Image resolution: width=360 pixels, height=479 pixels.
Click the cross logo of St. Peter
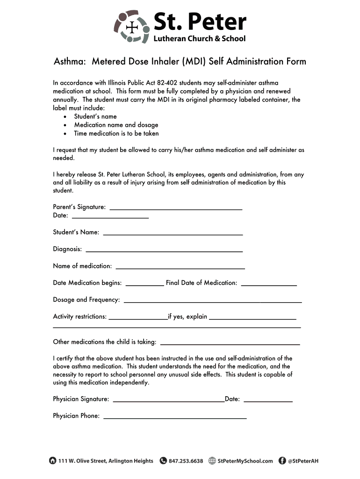tap(133, 26)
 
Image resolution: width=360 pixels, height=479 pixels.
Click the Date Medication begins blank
tap(145, 283)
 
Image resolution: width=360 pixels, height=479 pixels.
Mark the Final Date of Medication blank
tap(269, 283)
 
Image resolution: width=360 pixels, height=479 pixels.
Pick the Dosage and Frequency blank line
tap(212, 300)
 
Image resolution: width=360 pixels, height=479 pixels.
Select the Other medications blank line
tap(230, 343)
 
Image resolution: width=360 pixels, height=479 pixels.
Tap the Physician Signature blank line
tap(169, 400)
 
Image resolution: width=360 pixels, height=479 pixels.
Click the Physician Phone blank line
tap(174, 417)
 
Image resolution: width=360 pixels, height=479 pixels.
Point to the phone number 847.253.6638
tap(186, 461)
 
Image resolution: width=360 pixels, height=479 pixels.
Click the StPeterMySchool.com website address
tap(245, 461)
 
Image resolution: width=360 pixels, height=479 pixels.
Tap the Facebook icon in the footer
tap(282, 460)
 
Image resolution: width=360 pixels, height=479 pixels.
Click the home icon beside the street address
tap(52, 460)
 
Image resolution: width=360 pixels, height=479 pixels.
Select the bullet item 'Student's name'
tap(95, 116)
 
